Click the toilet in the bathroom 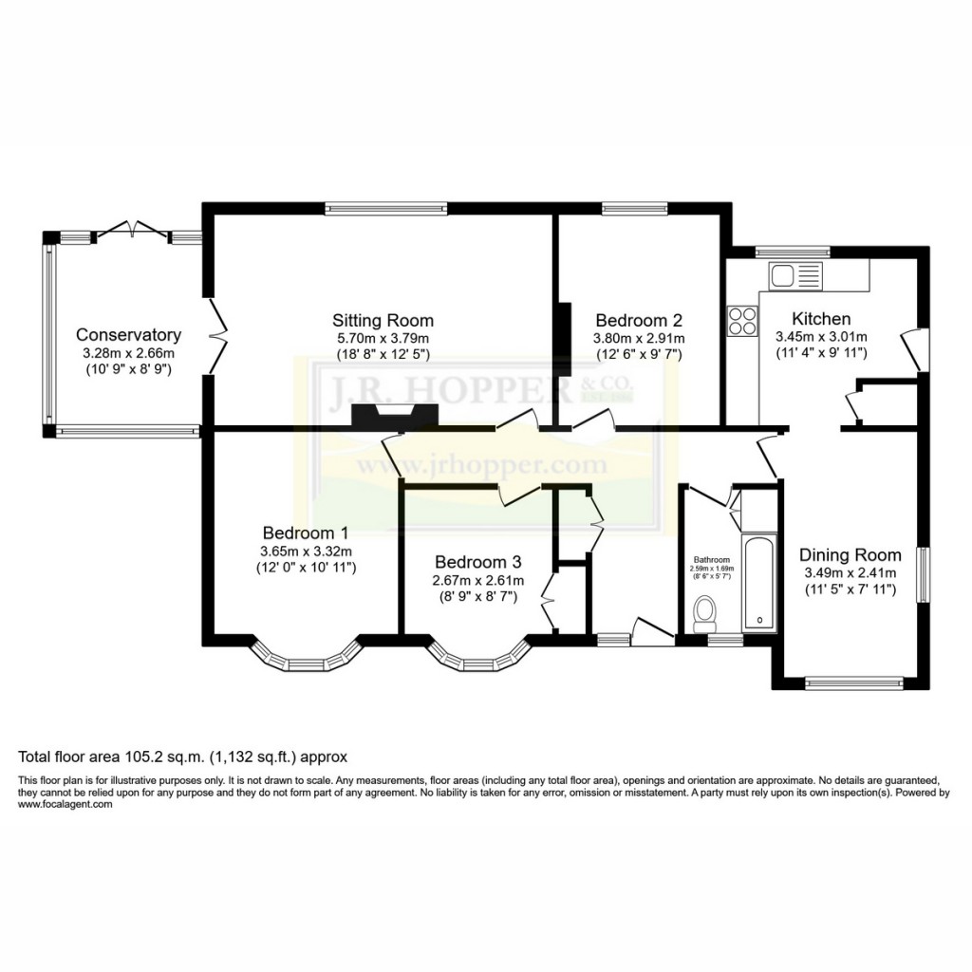[705, 613]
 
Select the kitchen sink [794, 276]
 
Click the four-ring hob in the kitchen [742, 322]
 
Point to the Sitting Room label [383, 320]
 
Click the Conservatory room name [128, 334]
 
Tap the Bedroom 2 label [638, 320]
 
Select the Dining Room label [850, 554]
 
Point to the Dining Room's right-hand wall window [919, 573]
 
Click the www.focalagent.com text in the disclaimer [65, 804]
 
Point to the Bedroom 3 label [477, 561]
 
